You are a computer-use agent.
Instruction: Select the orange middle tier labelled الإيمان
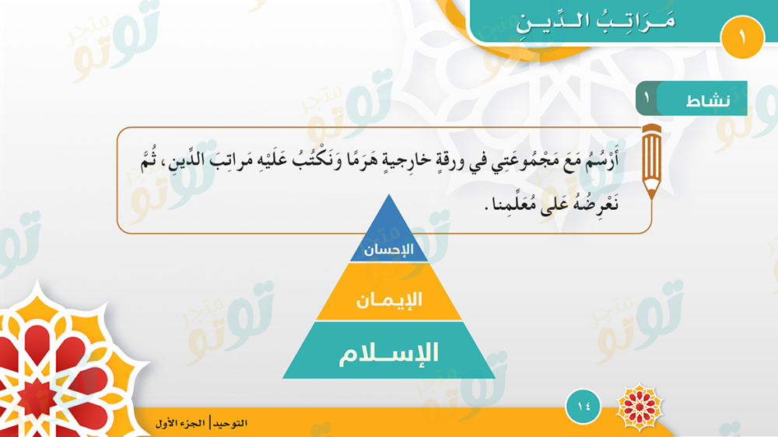389,292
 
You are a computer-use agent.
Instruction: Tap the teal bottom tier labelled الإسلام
389,351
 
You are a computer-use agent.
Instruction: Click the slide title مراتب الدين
595,21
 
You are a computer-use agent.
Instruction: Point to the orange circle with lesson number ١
742,37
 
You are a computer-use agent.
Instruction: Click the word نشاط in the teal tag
708,100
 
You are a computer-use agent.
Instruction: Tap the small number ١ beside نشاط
647,96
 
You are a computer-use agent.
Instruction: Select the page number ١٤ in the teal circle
583,407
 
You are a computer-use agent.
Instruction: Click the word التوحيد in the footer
230,423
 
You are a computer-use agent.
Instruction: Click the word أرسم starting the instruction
602,161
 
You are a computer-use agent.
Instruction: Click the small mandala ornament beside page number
640,407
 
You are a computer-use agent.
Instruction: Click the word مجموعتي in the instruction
524,161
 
